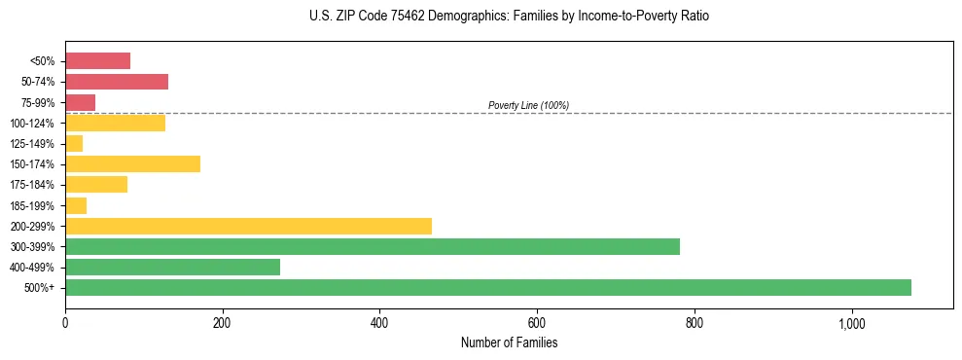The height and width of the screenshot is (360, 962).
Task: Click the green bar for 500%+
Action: [487, 287]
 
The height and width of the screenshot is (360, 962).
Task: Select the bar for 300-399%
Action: [372, 246]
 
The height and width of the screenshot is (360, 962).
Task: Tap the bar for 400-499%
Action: [172, 267]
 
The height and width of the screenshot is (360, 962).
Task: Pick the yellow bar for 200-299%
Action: [248, 226]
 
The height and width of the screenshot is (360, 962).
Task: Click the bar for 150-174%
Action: [132, 163]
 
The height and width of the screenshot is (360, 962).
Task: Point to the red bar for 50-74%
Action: [116, 82]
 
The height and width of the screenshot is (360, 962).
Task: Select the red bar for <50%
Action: [97, 61]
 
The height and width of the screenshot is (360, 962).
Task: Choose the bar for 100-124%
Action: [115, 123]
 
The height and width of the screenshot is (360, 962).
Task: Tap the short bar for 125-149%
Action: [74, 143]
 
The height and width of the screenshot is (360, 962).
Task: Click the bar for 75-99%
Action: [80, 102]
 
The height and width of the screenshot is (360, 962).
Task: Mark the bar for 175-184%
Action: [96, 184]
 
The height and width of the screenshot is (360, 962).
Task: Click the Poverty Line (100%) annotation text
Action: [528, 105]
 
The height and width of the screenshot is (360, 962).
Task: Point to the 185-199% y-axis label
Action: [32, 205]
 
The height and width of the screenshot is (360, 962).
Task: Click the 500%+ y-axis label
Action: [40, 288]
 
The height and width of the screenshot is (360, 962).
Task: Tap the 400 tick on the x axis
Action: [379, 323]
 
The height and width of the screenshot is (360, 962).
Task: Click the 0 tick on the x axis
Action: [65, 323]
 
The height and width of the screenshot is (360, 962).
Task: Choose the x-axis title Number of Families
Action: [509, 342]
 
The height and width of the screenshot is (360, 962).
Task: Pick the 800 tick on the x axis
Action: [694, 323]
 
